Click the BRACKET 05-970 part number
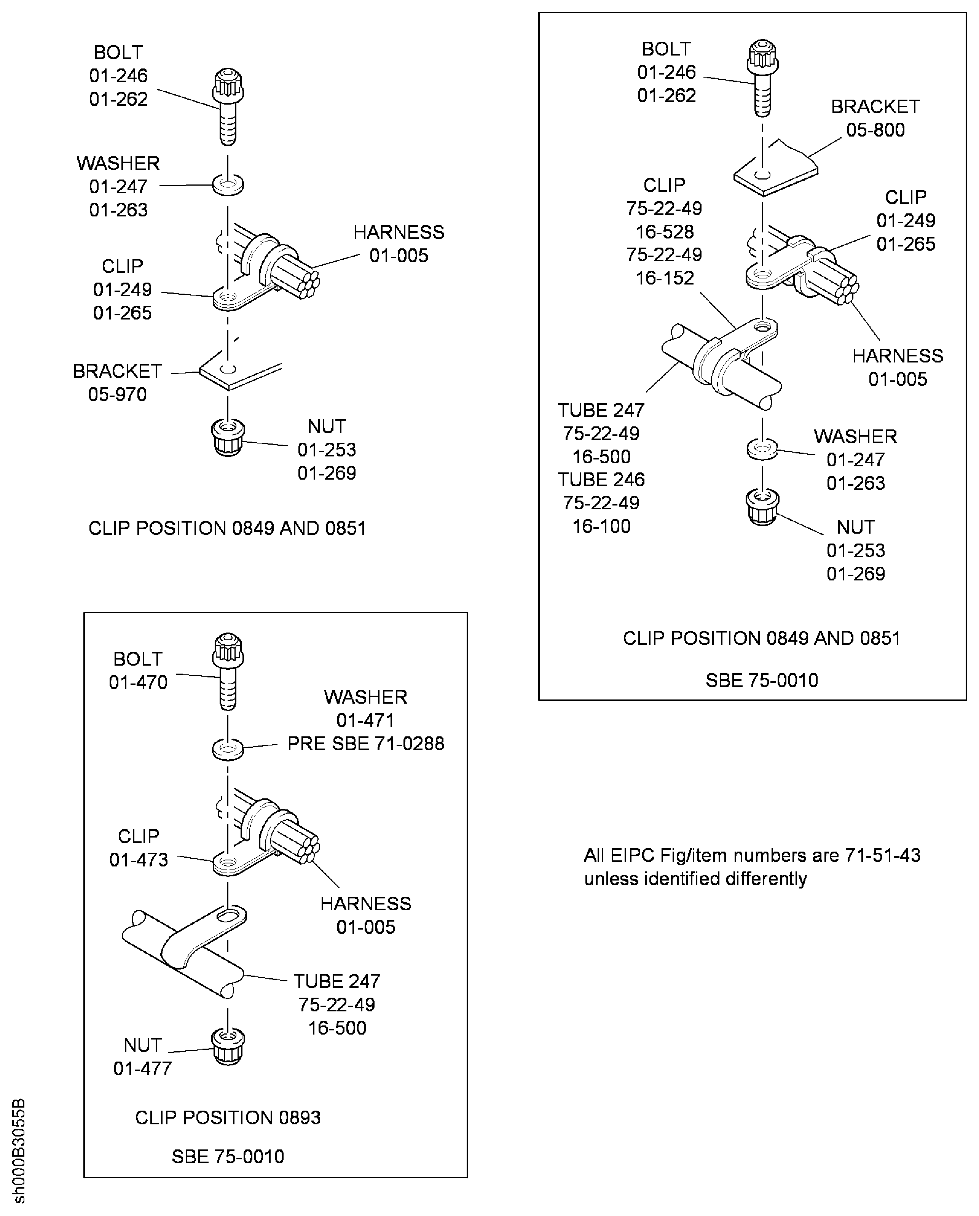(x=117, y=394)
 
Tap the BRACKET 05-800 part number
(x=875, y=130)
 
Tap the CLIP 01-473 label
(x=139, y=847)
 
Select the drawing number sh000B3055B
(x=19, y=1150)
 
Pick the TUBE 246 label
(x=601, y=479)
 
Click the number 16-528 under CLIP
(x=665, y=231)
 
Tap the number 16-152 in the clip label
(x=665, y=278)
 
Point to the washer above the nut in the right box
(x=762, y=450)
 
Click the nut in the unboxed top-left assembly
(x=228, y=437)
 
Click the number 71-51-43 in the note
(x=883, y=855)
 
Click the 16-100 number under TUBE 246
(x=601, y=526)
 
